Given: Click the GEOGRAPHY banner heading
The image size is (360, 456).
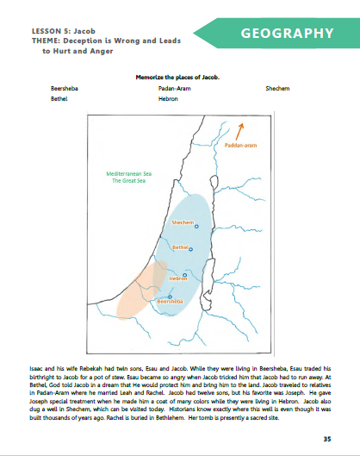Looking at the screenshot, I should (x=286, y=34).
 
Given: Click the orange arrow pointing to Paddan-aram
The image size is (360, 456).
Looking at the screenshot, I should (x=241, y=129).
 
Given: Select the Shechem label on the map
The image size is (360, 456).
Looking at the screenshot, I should (x=183, y=222).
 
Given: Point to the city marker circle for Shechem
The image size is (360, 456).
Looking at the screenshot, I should (x=197, y=226).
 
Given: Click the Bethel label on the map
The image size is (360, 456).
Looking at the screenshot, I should (x=181, y=247).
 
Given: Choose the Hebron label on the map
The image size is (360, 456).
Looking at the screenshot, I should (x=178, y=279).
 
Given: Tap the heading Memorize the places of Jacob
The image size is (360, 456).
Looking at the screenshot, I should (x=178, y=77).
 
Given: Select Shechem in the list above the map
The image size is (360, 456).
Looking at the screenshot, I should (x=279, y=88).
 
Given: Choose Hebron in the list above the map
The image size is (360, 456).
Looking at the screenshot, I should (x=168, y=99).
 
